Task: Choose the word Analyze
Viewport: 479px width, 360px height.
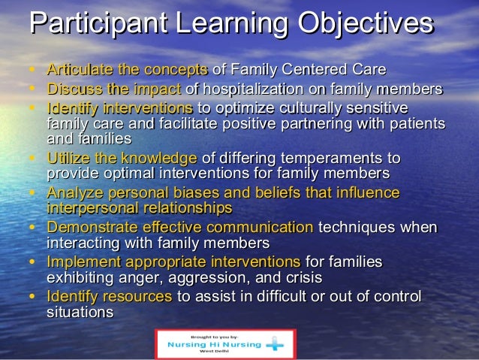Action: pyautogui.click(x=73, y=192)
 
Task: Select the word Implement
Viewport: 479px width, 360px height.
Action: pyautogui.click(x=80, y=262)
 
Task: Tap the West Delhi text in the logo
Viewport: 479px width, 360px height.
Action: pyautogui.click(x=215, y=352)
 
